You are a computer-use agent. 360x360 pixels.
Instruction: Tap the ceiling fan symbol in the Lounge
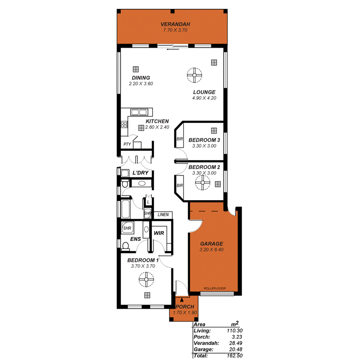pyautogui.click(x=195, y=76)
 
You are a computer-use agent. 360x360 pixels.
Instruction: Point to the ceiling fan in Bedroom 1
pyautogui.click(x=147, y=280)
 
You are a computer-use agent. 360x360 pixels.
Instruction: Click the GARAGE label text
pyautogui.click(x=211, y=244)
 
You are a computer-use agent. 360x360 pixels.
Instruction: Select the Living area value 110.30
pyautogui.click(x=234, y=331)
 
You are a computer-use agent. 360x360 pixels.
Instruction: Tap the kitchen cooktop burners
pyautogui.click(x=124, y=125)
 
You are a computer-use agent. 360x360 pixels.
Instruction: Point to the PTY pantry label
pyautogui.click(x=127, y=144)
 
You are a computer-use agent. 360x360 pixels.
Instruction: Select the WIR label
pyautogui.click(x=159, y=233)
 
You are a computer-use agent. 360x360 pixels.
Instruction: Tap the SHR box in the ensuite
pyautogui.click(x=127, y=228)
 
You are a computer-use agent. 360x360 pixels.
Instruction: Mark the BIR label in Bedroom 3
pyautogui.click(x=180, y=139)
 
